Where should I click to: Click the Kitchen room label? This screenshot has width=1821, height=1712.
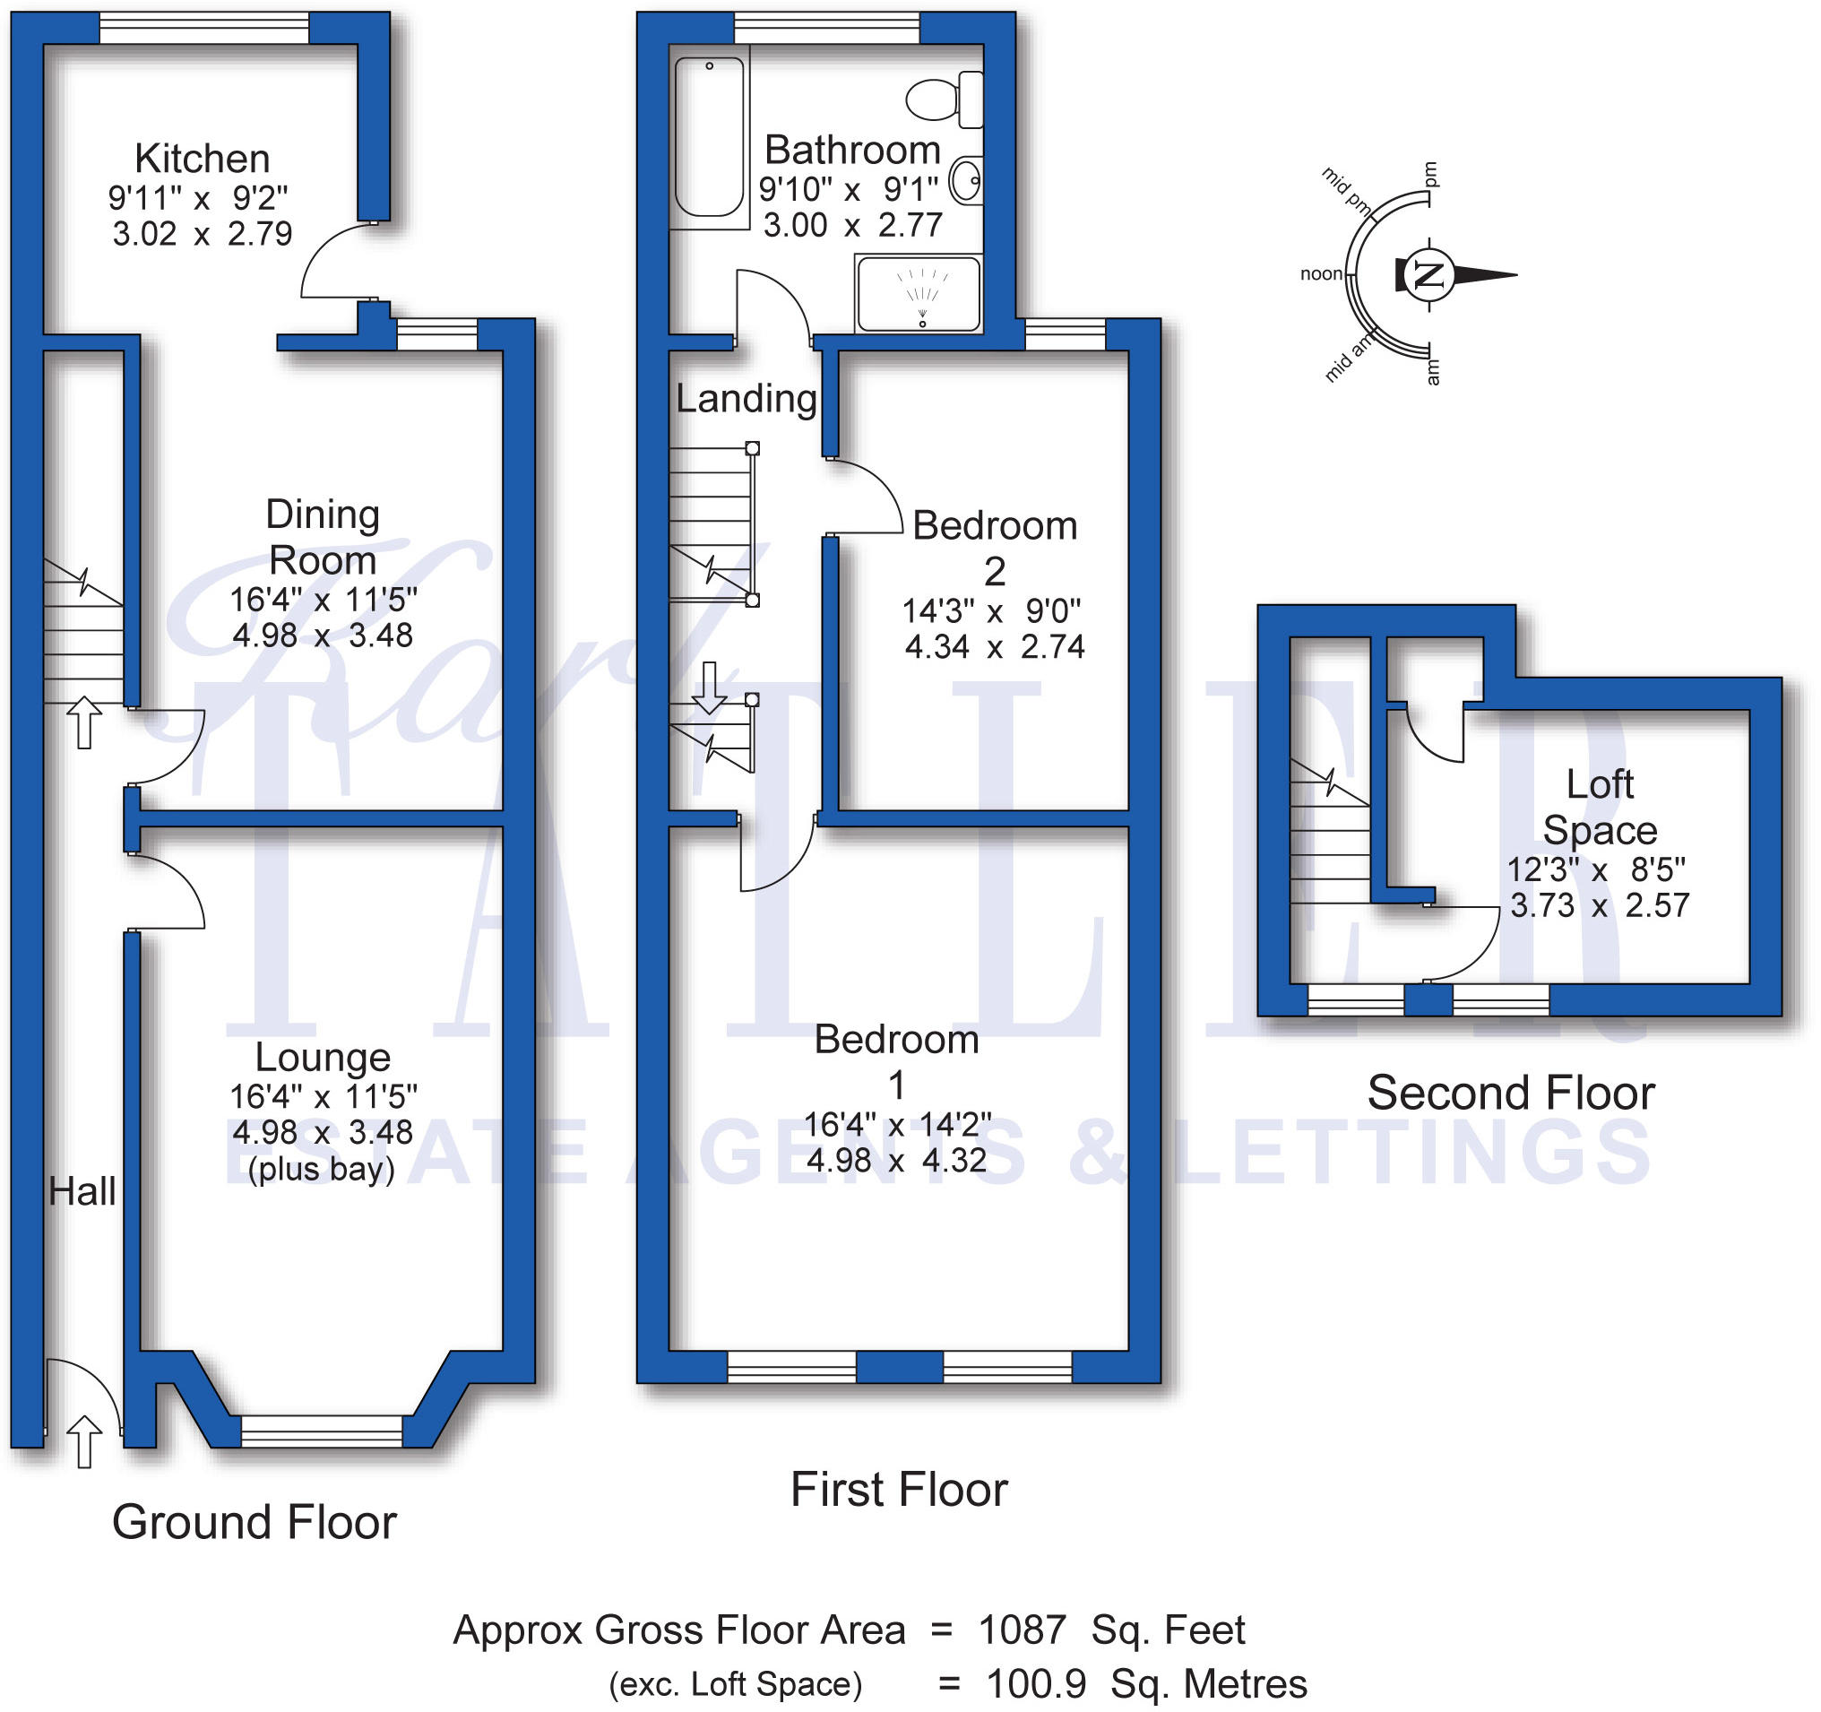coord(203,159)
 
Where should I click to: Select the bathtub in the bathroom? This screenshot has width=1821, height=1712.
coord(710,136)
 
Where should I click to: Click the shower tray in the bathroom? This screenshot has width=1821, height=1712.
coord(919,293)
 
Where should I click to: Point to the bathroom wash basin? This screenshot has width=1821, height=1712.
coord(966,179)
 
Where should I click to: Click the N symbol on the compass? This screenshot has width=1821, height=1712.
coord(1428,274)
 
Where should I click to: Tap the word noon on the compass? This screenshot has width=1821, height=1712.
coord(1321,274)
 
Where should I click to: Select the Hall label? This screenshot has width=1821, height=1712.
coord(82,1192)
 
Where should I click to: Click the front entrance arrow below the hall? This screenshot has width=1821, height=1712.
coord(84,1442)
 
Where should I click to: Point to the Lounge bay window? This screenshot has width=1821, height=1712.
coord(322,1431)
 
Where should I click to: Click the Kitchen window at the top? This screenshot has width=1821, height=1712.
coord(203,28)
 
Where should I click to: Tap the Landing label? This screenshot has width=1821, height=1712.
coord(747,399)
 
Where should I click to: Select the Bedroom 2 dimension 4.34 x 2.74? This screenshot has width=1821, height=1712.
coord(995,646)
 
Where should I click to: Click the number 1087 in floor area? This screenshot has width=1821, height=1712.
coord(1022,1630)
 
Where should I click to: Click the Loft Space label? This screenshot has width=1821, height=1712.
coord(1600,807)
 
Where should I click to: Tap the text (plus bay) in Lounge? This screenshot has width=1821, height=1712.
coord(322,1170)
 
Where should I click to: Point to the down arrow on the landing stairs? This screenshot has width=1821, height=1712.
coord(709,687)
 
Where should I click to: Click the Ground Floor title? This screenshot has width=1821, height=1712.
coord(254,1523)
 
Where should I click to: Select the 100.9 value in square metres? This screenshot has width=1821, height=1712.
coord(1036,1683)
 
